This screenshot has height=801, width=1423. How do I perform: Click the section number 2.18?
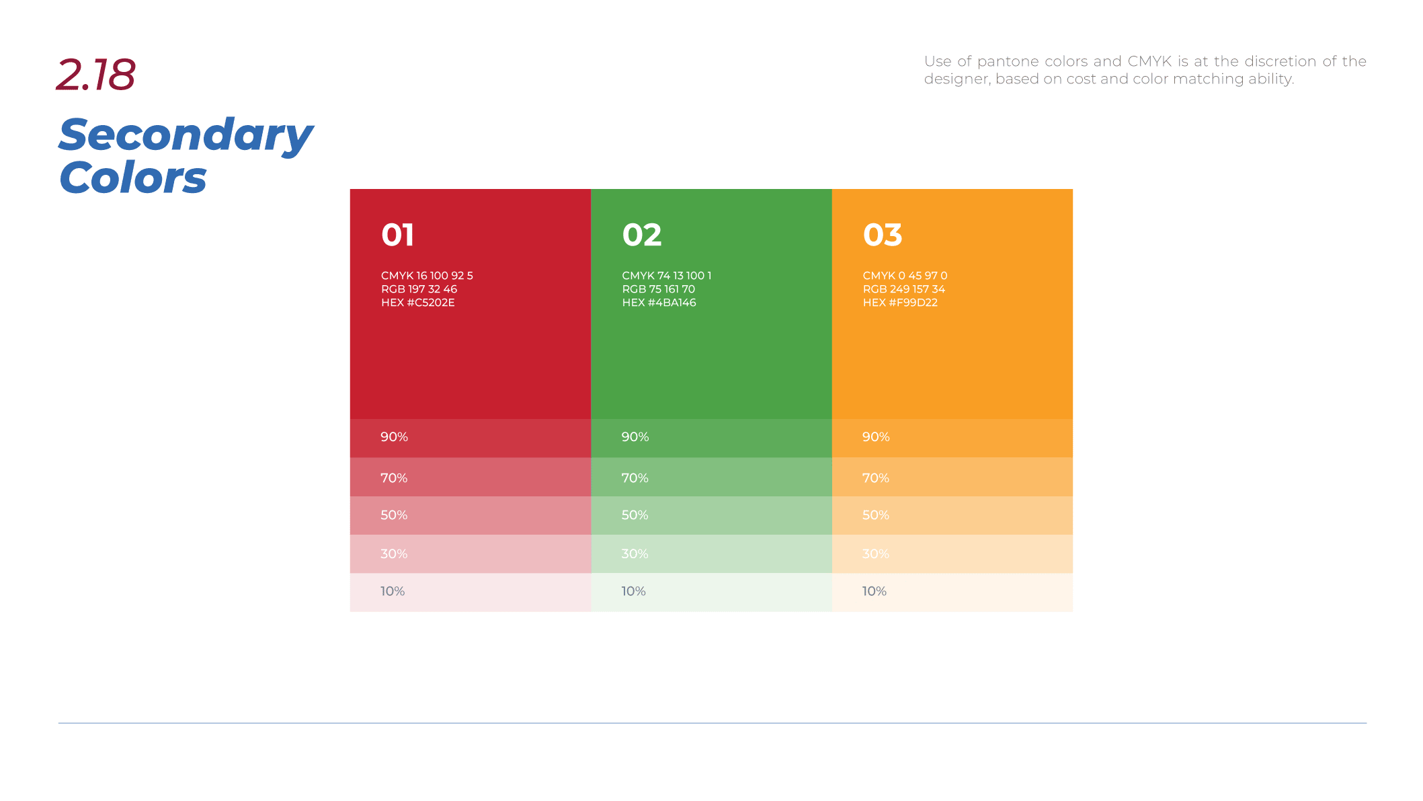pyautogui.click(x=96, y=74)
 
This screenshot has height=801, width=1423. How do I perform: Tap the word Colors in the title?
pyautogui.click(x=133, y=178)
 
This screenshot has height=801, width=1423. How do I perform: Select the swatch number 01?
pyautogui.click(x=397, y=235)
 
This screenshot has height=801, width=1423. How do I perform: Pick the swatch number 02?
pyautogui.click(x=642, y=235)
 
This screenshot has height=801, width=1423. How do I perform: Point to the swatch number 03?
pyautogui.click(x=883, y=235)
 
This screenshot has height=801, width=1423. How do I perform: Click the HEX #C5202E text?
pyautogui.click(x=418, y=303)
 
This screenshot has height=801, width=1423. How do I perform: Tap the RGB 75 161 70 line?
pyautogui.click(x=659, y=289)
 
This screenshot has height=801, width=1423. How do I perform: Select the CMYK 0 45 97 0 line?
pyautogui.click(x=905, y=276)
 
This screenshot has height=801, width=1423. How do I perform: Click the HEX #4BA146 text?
pyautogui.click(x=659, y=303)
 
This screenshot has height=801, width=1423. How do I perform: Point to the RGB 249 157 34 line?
pyautogui.click(x=904, y=289)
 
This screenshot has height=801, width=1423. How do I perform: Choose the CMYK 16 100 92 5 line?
pyautogui.click(x=427, y=276)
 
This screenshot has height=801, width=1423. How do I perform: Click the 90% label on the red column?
pyautogui.click(x=394, y=437)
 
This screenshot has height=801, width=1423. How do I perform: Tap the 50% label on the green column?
pyautogui.click(x=635, y=515)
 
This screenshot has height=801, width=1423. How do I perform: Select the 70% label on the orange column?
pyautogui.click(x=876, y=478)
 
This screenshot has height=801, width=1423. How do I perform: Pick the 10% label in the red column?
pyautogui.click(x=393, y=591)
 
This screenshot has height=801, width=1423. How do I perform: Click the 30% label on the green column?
pyautogui.click(x=635, y=554)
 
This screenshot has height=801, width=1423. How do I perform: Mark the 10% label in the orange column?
pyautogui.click(x=875, y=591)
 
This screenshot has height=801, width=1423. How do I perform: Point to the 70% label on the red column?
pyautogui.click(x=394, y=478)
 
